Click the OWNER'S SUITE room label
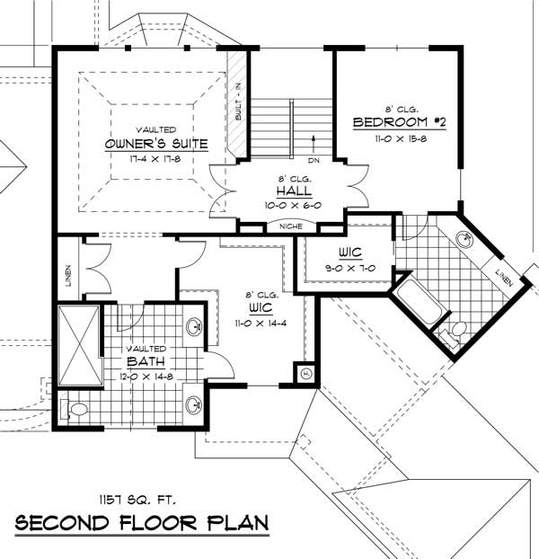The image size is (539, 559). (156, 143)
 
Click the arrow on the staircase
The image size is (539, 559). (312, 140)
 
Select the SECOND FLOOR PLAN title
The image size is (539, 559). (141, 523)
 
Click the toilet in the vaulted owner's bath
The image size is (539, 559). (75, 410)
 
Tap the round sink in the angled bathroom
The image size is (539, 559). (465, 240)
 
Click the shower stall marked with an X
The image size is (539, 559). (78, 345)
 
